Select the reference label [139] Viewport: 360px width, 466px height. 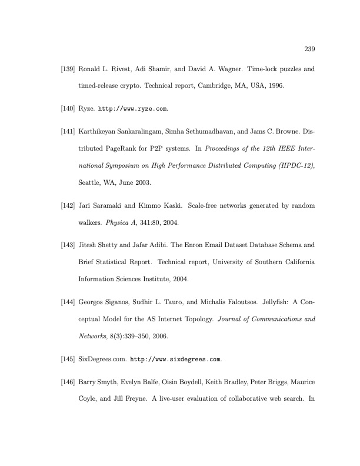(68, 69)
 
